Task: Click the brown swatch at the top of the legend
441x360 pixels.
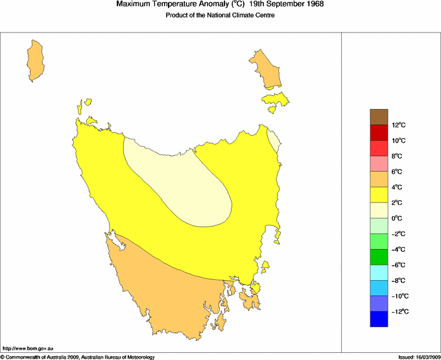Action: coord(379,117)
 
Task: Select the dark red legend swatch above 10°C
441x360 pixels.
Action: coord(379,132)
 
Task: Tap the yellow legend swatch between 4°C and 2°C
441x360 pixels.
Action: coord(379,195)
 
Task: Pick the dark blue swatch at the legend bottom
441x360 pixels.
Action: coord(379,319)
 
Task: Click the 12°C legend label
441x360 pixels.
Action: coord(399,125)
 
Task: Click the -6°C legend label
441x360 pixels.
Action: coord(398,265)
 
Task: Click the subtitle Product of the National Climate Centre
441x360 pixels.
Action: coord(220,16)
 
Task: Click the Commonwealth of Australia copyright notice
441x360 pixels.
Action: coord(78,357)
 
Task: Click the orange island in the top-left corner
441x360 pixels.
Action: coord(36,60)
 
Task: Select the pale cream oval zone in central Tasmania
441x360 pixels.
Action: coord(178,182)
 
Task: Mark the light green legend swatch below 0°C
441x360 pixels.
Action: coord(379,226)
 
